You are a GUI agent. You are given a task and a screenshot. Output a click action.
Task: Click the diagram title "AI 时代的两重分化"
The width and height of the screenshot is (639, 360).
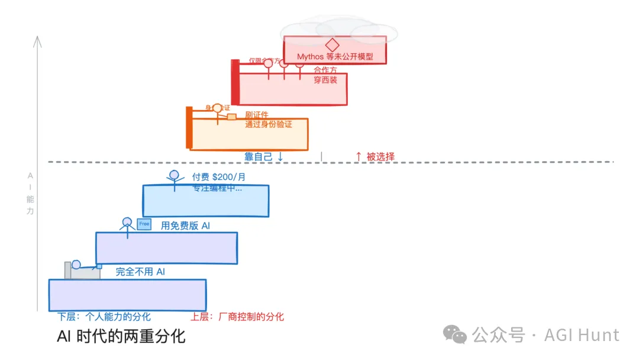pos(121,337)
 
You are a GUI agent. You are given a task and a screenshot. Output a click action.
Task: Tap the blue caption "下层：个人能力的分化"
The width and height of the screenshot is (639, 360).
pos(104,317)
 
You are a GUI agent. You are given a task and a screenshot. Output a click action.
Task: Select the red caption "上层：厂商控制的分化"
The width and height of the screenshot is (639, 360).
pos(237,317)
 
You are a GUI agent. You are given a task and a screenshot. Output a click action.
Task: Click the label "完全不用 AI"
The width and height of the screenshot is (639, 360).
pos(140,272)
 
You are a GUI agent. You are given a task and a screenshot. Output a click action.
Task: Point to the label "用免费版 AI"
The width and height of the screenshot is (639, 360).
pos(185,226)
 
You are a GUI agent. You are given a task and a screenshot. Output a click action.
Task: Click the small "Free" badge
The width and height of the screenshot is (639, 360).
pos(144,224)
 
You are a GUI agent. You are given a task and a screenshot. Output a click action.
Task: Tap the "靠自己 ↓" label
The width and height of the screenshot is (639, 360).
pos(264,157)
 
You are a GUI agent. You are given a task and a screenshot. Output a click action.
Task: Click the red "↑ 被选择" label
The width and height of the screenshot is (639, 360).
pos(375,157)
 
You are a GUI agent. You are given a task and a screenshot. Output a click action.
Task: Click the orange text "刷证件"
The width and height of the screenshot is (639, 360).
pos(257,115)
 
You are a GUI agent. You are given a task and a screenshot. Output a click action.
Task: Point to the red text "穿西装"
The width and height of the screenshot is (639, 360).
pos(325,80)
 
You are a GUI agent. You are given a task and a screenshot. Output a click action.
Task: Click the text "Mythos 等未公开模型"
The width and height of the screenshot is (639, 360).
pos(335,57)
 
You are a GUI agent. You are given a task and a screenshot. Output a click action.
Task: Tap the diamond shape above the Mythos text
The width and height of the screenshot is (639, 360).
pos(333,45)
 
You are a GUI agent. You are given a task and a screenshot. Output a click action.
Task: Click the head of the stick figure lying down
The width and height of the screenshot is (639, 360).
pos(76,265)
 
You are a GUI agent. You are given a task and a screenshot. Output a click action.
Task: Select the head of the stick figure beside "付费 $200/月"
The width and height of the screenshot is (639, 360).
pos(174,175)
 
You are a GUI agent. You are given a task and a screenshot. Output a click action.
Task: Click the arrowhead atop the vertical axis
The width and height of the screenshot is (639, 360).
pos(38,40)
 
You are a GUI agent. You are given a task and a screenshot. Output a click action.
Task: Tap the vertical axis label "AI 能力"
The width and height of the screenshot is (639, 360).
pos(30,193)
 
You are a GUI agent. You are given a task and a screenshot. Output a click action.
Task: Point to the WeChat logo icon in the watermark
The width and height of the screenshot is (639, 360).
pos(456,335)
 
